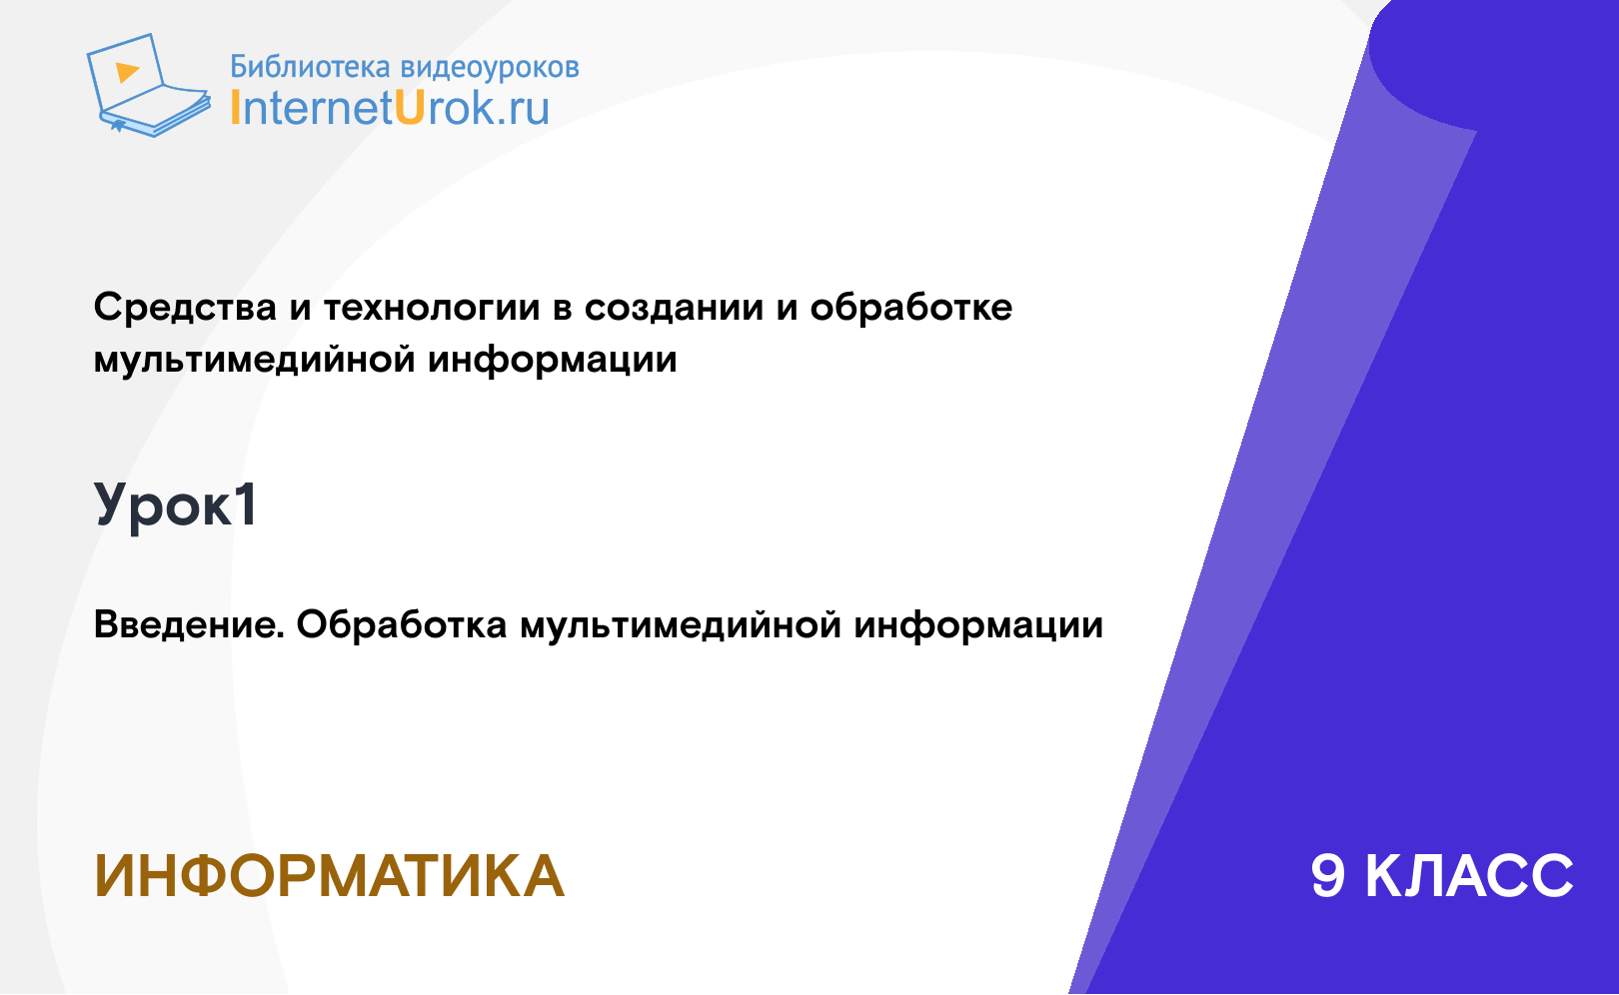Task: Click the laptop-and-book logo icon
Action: click(x=149, y=85)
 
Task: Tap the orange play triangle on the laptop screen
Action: click(x=127, y=72)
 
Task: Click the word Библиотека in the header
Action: click(x=310, y=67)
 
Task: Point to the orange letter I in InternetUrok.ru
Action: click(x=235, y=108)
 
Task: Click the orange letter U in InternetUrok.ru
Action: click(x=409, y=108)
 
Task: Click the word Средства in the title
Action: click(x=185, y=308)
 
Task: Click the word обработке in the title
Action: click(x=911, y=308)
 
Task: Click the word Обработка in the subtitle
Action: click(x=402, y=624)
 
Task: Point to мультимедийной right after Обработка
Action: click(x=681, y=624)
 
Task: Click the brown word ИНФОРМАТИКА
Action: click(x=330, y=876)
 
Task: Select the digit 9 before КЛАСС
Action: click(x=1328, y=876)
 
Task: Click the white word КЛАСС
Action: click(x=1469, y=876)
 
